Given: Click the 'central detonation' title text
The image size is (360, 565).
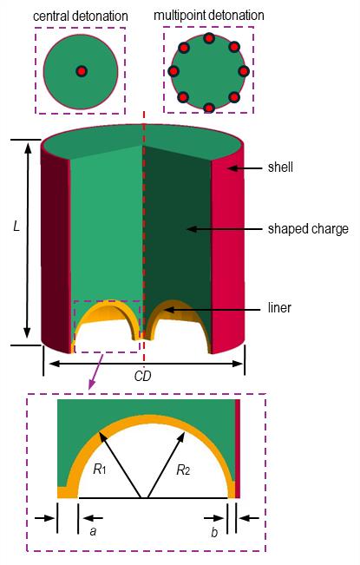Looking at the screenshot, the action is [x=81, y=16].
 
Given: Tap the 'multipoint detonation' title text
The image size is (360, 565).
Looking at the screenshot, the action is [x=209, y=16].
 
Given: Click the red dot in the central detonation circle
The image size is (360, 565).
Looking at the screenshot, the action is [x=82, y=71].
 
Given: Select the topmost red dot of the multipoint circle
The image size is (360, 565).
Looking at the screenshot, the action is [x=209, y=38].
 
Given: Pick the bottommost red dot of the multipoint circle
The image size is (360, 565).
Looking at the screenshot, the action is [x=209, y=108].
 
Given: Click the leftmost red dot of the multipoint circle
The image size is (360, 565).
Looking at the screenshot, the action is [x=173, y=71].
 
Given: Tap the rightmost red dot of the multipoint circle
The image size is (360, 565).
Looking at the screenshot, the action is [x=244, y=71].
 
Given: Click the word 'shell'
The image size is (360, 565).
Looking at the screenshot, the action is [x=280, y=168].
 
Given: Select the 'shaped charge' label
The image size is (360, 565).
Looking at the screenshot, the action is [x=308, y=229].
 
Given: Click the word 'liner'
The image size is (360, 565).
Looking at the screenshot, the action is [x=279, y=308].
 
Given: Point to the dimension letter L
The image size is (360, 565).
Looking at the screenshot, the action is [x=16, y=227].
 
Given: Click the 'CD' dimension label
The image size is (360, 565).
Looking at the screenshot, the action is [x=142, y=376].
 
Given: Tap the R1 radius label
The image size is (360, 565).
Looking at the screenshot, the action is [x=100, y=470].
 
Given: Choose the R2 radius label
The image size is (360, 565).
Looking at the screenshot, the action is [x=183, y=470].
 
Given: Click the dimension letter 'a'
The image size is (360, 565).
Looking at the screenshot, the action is [x=93, y=531].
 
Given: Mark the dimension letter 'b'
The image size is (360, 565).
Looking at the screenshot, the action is [x=214, y=532].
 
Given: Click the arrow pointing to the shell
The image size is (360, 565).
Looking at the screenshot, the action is [x=245, y=168].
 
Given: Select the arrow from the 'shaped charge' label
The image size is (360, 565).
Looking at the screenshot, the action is [x=225, y=229].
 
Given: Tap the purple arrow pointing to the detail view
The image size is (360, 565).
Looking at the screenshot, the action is [x=95, y=372].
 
